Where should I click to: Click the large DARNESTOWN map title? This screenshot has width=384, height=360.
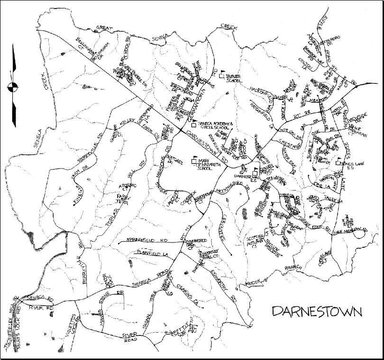point(317,311)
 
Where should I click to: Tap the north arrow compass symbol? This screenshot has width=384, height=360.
point(13,86)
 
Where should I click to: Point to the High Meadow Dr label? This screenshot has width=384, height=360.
point(351,231)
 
